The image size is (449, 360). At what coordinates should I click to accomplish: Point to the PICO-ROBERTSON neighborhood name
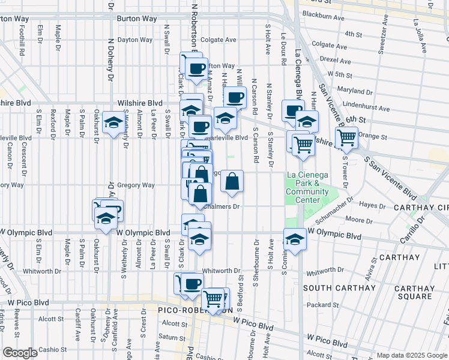click(x=195, y=310)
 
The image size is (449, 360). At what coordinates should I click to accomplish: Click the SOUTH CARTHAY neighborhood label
click(x=335, y=288)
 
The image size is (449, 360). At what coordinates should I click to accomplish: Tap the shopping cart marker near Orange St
click(x=346, y=138)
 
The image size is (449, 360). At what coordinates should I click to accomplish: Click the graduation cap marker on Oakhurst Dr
click(x=113, y=123)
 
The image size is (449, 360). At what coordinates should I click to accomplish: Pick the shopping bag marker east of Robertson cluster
click(x=232, y=181)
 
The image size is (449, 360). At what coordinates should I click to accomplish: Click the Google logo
click(x=20, y=353)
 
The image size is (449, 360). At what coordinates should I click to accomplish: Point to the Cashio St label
click(x=52, y=349)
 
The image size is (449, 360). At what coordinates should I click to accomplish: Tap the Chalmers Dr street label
click(x=222, y=207)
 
